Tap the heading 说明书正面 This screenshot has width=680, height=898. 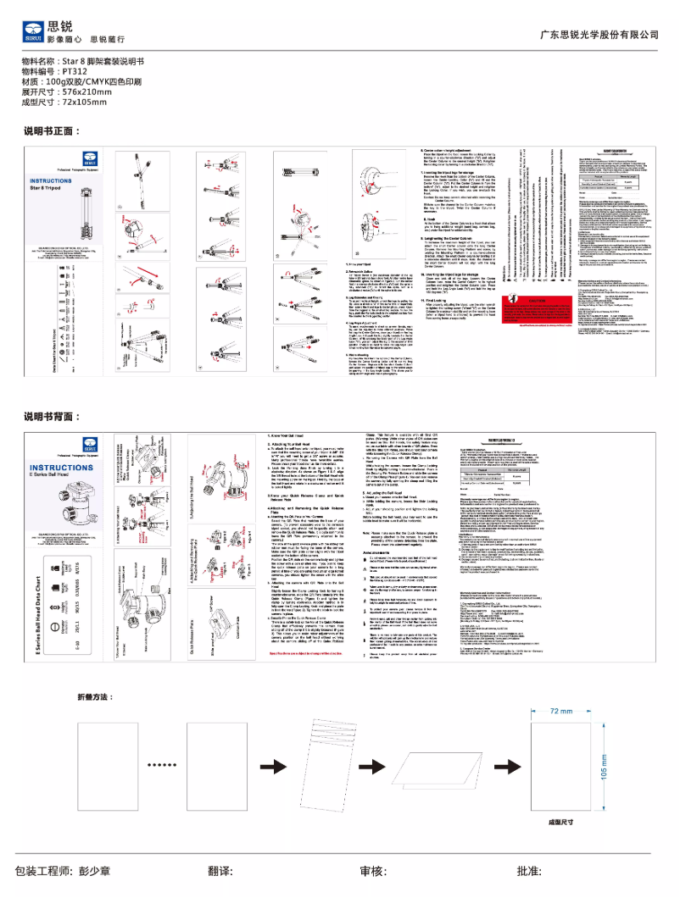53,132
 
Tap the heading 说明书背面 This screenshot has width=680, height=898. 53,416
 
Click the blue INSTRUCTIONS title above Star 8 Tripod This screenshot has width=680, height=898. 57,181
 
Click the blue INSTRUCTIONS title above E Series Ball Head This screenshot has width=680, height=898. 61,468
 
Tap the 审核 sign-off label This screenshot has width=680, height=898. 373,871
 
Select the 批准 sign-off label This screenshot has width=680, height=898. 530,871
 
